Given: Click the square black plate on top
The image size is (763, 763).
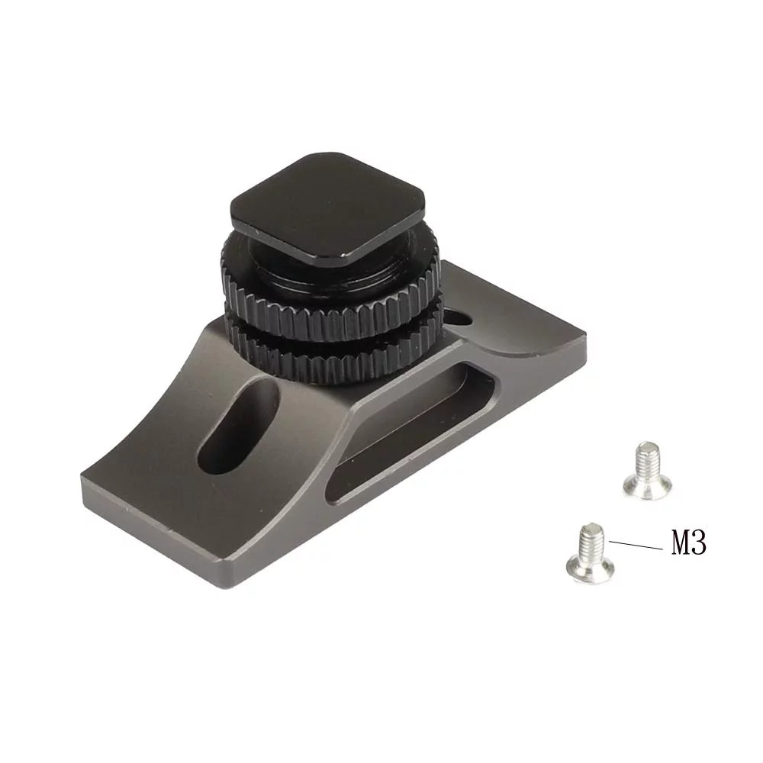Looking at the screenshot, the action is pos(327,209).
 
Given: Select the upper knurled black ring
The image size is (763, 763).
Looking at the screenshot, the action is pos(331,311).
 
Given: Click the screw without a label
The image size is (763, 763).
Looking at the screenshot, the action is pos(647,470).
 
